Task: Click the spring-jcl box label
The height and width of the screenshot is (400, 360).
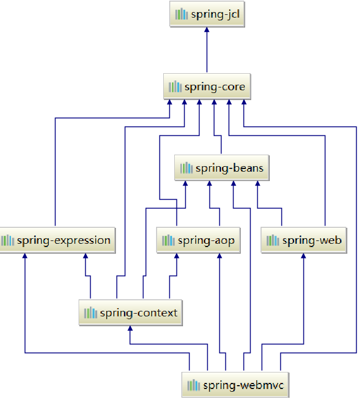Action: point(215,15)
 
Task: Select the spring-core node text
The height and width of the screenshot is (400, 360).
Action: point(215,87)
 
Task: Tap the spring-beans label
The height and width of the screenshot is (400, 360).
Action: point(230,168)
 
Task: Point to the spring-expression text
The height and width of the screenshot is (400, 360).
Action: point(64,240)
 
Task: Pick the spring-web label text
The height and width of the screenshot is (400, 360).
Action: point(312,240)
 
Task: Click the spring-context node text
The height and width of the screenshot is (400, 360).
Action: point(139,313)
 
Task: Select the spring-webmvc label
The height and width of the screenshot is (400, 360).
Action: point(243,385)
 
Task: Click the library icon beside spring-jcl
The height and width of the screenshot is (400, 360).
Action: point(181,15)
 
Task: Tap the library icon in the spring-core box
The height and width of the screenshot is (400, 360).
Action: point(175,87)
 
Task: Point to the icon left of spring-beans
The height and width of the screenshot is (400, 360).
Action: point(186,168)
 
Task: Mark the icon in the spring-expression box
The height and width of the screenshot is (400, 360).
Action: point(7,240)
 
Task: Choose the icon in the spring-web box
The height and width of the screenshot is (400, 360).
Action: point(273,240)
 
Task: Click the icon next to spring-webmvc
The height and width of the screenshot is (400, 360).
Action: point(193,385)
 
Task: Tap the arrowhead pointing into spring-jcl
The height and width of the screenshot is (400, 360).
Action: point(207,31)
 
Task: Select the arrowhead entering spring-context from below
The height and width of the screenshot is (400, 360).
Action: point(130,328)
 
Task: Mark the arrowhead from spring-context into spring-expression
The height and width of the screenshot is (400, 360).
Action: point(85,256)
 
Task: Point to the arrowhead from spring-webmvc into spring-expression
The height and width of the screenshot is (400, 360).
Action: point(25,256)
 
